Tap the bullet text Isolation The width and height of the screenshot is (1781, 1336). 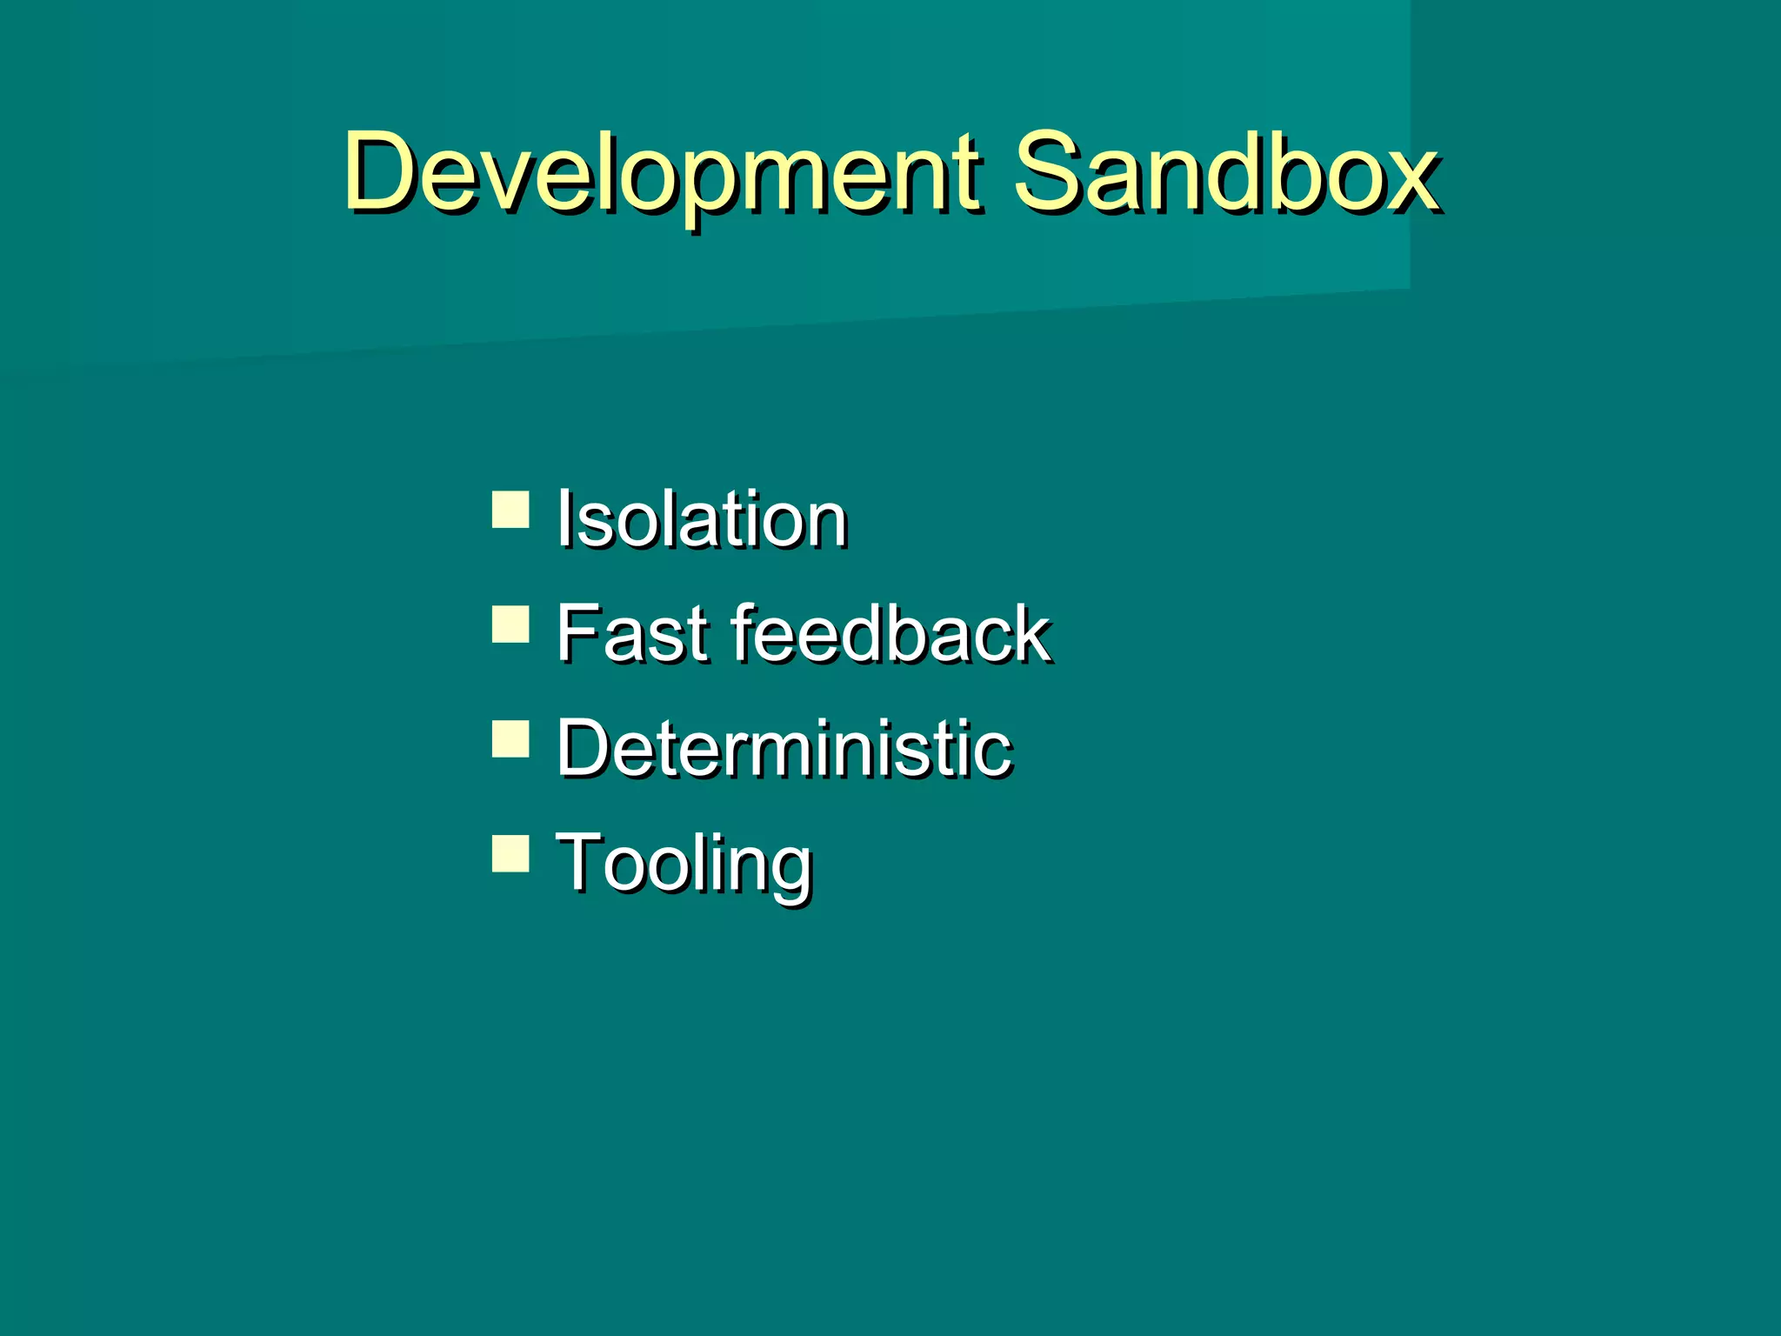coord(702,519)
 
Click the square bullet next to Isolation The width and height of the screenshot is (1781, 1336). coord(510,511)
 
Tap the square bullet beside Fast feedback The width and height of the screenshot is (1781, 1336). coord(510,625)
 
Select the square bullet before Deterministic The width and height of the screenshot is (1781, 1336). coord(510,739)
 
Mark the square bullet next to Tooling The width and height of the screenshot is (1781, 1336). coord(510,853)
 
